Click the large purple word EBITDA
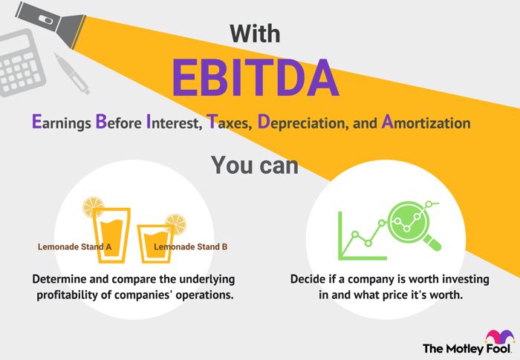tap(256, 78)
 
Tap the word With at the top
tap(255, 33)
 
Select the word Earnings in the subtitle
tap(62, 122)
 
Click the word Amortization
tap(426, 122)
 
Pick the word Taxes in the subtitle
tap(229, 122)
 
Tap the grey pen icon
tap(71, 73)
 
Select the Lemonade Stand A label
tap(74, 246)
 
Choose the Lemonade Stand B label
tap(191, 246)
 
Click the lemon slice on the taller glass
tap(93, 207)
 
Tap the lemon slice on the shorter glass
tap(176, 224)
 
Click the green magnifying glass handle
tap(432, 243)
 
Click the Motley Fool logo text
tap(467, 349)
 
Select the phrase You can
tap(255, 165)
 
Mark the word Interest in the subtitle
tap(174, 122)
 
